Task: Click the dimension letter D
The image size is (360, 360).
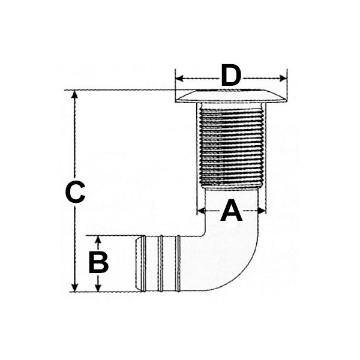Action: pyautogui.click(x=231, y=76)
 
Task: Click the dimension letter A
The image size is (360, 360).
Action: pyautogui.click(x=231, y=211)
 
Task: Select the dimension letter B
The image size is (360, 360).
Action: pyautogui.click(x=99, y=262)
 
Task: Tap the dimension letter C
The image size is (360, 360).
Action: pyautogui.click(x=75, y=192)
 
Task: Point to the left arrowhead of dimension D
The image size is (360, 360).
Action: pyautogui.click(x=179, y=79)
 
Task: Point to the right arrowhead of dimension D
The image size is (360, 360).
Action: pyautogui.click(x=283, y=79)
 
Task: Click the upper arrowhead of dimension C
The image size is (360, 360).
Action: pyautogui.click(x=74, y=94)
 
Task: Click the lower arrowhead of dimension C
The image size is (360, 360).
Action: pyautogui.click(x=74, y=287)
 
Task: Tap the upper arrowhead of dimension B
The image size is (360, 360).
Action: pyautogui.click(x=98, y=239)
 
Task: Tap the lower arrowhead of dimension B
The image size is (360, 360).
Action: pyautogui.click(x=98, y=287)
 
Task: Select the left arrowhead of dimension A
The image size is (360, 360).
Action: pyautogui.click(x=202, y=211)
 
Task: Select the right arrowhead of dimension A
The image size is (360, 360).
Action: pyautogui.click(x=262, y=211)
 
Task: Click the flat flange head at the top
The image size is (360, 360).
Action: pyautogui.click(x=232, y=96)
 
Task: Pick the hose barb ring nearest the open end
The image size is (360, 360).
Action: pyautogui.click(x=143, y=264)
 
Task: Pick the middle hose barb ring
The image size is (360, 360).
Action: pyautogui.click(x=161, y=264)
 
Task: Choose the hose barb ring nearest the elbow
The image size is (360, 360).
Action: pyautogui.click(x=178, y=264)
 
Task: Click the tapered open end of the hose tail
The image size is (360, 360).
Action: pyautogui.click(x=138, y=264)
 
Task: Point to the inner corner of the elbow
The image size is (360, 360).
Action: pyautogui.click(x=203, y=234)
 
